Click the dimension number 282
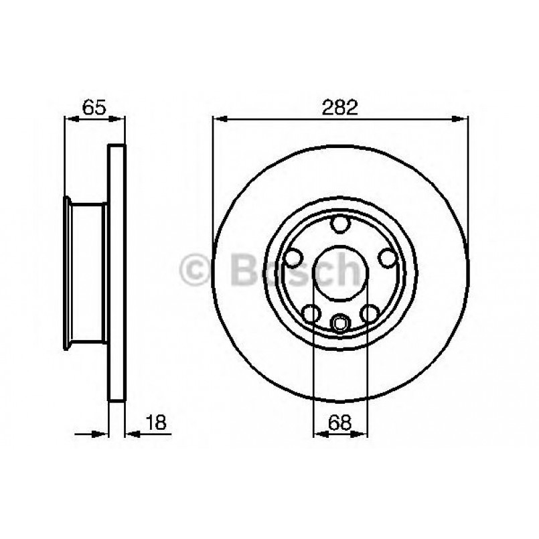click(341, 108)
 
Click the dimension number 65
click(94, 108)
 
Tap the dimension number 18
click(155, 422)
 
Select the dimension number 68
click(341, 422)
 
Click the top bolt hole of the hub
click(341, 224)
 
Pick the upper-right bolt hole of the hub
click(386, 257)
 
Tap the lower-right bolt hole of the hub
click(370, 312)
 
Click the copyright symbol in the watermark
click(196, 271)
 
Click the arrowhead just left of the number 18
click(131, 434)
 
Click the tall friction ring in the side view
click(117, 273)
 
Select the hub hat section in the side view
click(86, 273)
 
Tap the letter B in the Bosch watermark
click(243, 271)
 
